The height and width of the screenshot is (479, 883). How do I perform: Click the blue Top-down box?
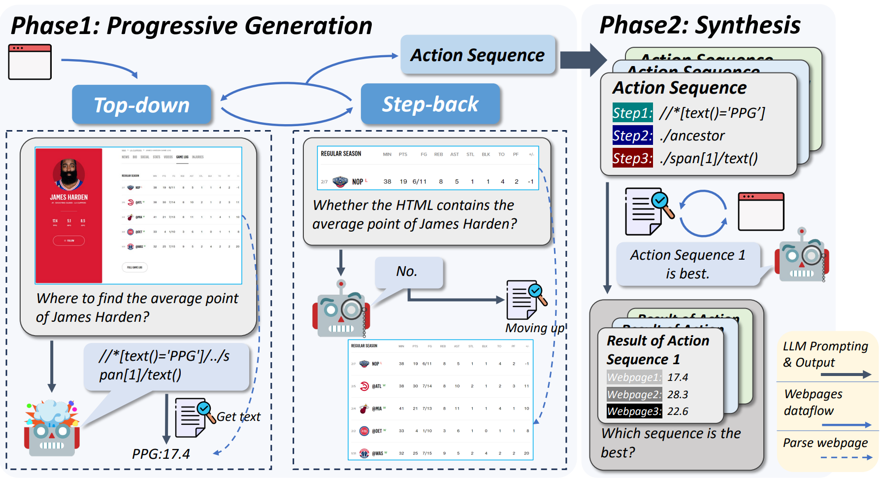pos(142,105)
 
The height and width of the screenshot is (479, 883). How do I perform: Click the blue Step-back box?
pos(430,104)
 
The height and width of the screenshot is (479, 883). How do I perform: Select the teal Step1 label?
pos(632,113)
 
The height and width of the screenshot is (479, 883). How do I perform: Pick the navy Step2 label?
pos(632,136)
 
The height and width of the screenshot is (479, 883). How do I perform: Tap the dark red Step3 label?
pos(632,158)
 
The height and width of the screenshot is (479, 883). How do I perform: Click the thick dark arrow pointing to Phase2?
pos(583,60)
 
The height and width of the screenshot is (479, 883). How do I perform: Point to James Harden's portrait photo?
pos(69,175)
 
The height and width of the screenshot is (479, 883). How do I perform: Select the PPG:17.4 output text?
pos(161,454)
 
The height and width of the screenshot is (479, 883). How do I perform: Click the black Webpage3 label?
pos(634,411)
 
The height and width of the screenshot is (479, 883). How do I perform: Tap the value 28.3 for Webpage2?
pos(678,394)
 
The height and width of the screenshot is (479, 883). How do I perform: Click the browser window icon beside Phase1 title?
pos(30,62)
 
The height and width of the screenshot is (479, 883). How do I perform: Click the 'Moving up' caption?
pos(534,328)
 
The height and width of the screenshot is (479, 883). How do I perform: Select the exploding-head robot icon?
pos(52,427)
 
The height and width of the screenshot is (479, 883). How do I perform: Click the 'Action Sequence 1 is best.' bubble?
pos(687,264)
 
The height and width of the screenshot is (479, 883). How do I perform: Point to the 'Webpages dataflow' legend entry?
pos(814,402)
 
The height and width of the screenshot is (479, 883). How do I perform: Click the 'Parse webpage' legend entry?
pos(825,443)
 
